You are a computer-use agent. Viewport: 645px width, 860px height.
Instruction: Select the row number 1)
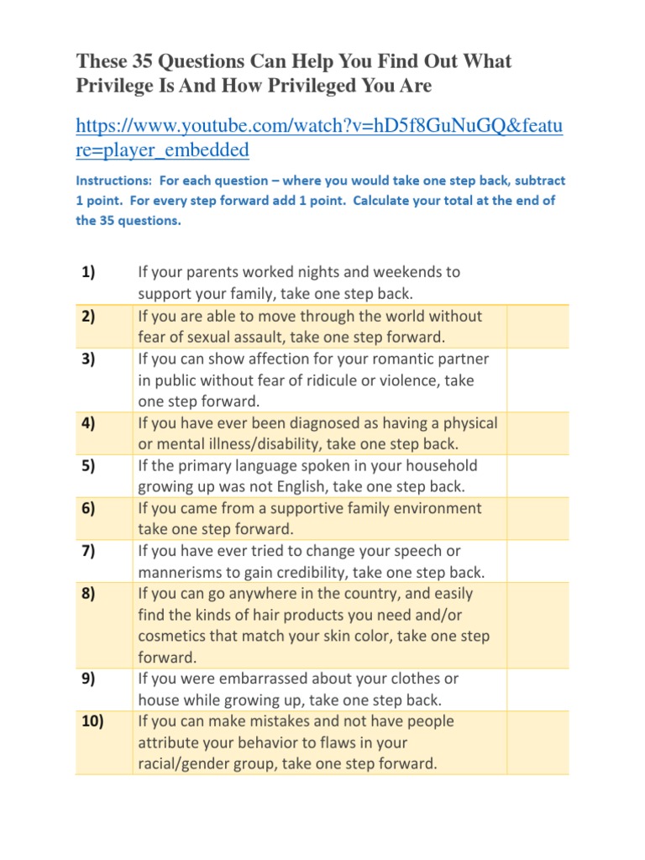pos(89,272)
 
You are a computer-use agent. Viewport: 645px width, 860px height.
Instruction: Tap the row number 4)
pos(89,423)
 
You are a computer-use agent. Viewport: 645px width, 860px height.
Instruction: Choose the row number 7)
pos(89,551)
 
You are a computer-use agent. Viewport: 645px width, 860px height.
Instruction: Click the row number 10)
pos(92,721)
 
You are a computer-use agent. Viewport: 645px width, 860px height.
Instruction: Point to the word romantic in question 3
pos(401,359)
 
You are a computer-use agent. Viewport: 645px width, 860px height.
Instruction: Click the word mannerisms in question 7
pos(178,573)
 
